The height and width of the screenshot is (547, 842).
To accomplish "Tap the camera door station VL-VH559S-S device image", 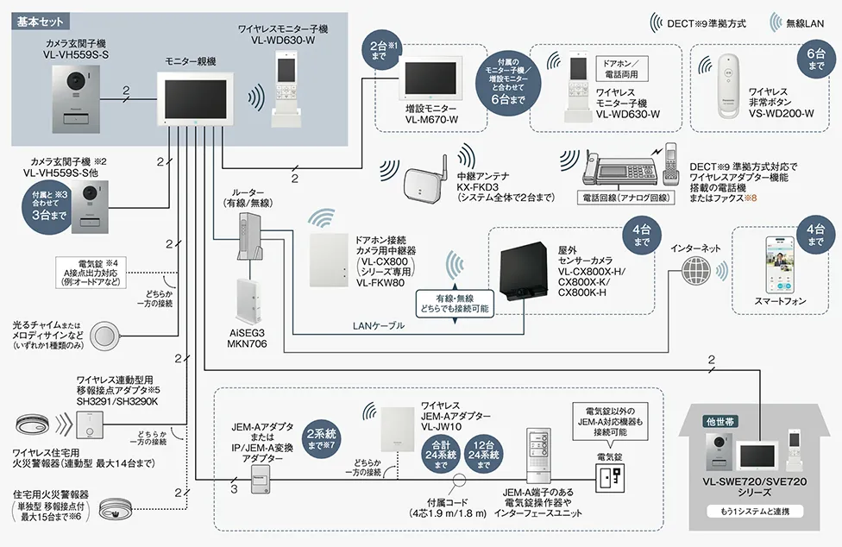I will (x=82, y=95).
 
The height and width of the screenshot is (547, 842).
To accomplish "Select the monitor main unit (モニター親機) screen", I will (x=192, y=100).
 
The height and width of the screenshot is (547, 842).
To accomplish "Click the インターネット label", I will (x=695, y=248).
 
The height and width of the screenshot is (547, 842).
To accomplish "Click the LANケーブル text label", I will (x=376, y=327).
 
